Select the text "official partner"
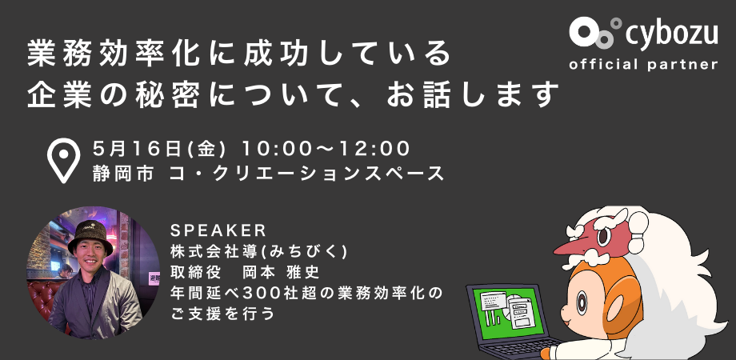pos(643,64)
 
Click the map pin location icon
pos(63,160)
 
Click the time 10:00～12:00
pos(326,150)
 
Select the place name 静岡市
pos(123,174)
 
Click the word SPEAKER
pos(218,230)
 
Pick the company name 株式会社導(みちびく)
pos(259,252)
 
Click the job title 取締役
pos(193,273)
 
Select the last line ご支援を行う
pos(222,314)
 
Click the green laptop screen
pos(507,312)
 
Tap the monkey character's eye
pos(582,302)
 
